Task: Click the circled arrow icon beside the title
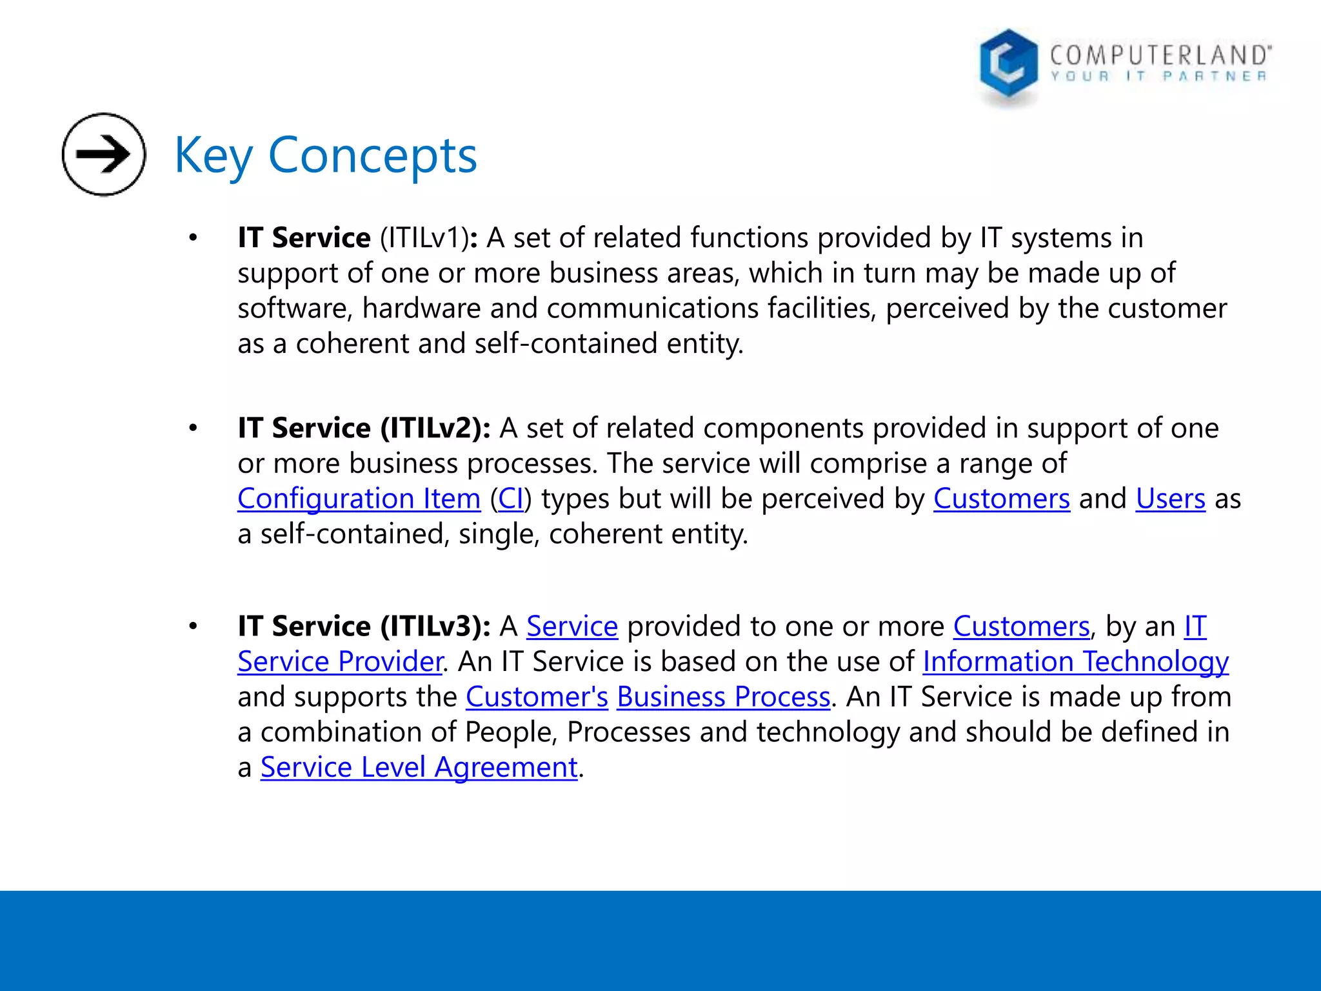[x=104, y=154]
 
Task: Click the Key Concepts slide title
[x=326, y=155]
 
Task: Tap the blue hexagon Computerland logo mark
[x=1008, y=65]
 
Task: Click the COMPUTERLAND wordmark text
[x=1160, y=55]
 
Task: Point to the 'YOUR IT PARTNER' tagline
[x=1158, y=77]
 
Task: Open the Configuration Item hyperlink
[x=359, y=499]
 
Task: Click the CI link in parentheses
[x=511, y=499]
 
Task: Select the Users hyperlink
[x=1170, y=499]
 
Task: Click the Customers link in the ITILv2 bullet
[x=1001, y=499]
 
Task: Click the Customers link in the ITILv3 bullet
[x=1021, y=626]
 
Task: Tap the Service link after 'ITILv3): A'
[x=572, y=626]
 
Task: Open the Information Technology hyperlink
[x=1075, y=662]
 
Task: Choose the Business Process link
[x=723, y=697]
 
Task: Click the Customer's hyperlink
[x=537, y=697]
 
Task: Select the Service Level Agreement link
[x=419, y=767]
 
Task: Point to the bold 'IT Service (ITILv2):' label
[x=364, y=428]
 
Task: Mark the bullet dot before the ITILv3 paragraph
[x=193, y=626]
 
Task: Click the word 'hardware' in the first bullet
[x=421, y=308]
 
